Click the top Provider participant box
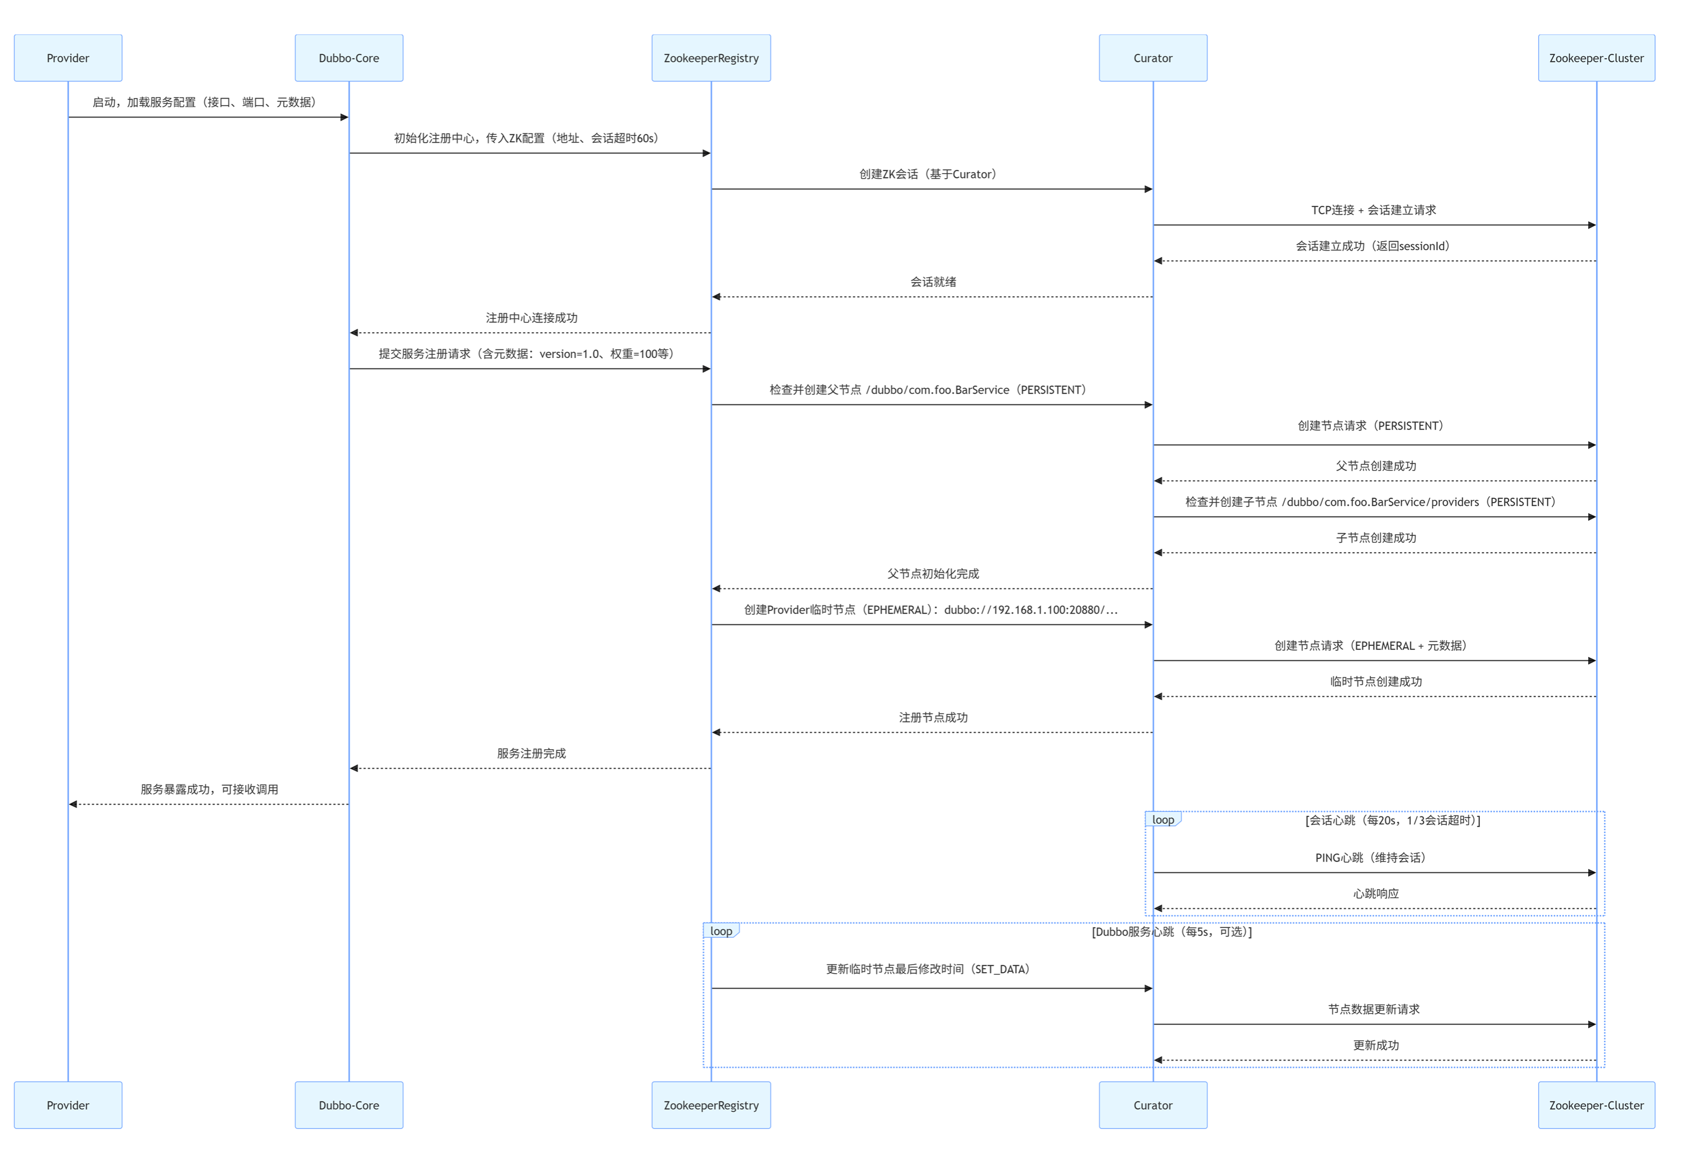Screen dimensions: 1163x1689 68,58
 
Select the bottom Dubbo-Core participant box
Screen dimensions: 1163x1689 349,1105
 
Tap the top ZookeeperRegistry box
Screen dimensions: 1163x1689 711,58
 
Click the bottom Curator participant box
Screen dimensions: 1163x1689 1152,1105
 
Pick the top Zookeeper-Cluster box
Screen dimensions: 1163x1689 1596,58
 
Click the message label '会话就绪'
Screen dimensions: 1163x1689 932,282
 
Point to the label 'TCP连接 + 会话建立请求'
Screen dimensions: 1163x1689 1374,210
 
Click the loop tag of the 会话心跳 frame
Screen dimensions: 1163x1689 1163,820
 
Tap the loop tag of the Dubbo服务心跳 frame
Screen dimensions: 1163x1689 721,931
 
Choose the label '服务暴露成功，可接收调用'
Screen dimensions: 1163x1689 209,789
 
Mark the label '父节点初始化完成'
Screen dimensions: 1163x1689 932,574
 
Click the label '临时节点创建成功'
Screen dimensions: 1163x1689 1375,682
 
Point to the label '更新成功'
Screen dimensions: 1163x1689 1375,1045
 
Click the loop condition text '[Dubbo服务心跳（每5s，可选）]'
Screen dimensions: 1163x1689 1171,931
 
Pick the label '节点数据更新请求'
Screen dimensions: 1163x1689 1374,1009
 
